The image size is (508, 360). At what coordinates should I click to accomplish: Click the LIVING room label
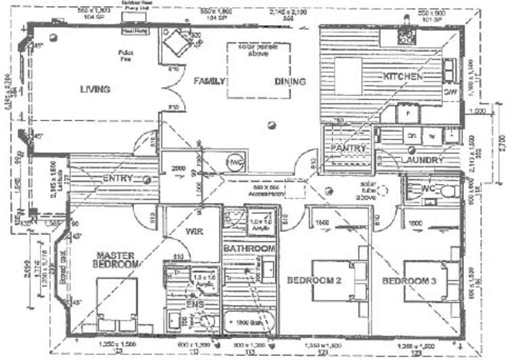(x=95, y=89)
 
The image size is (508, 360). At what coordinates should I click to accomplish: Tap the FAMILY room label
(x=209, y=81)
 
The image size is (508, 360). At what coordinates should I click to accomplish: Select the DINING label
(x=290, y=81)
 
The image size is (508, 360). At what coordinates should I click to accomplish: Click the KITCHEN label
(x=404, y=76)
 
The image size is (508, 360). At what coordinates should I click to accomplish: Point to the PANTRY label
(x=348, y=148)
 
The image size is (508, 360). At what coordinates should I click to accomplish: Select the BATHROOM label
(x=249, y=249)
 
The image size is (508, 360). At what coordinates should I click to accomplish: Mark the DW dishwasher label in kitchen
(x=449, y=90)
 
